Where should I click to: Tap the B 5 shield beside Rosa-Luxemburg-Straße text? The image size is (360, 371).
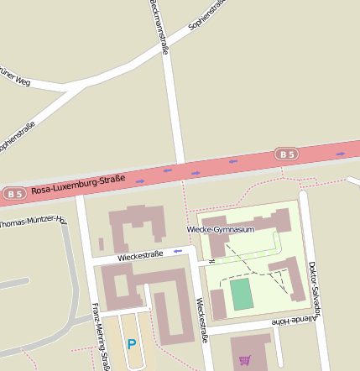pyautogui.click(x=13, y=194)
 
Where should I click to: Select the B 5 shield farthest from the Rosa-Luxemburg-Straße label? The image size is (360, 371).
pyautogui.click(x=288, y=154)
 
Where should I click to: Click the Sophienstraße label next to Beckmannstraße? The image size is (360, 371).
pyautogui.click(x=209, y=14)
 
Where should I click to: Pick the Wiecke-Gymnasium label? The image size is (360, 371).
pyautogui.click(x=220, y=229)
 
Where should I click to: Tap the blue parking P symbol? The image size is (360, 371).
pyautogui.click(x=131, y=343)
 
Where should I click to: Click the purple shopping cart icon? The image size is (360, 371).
pyautogui.click(x=245, y=360)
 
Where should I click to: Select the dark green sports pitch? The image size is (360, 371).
pyautogui.click(x=242, y=294)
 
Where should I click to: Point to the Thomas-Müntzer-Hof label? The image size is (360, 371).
pyautogui.click(x=32, y=222)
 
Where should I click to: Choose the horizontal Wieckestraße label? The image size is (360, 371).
pyautogui.click(x=140, y=254)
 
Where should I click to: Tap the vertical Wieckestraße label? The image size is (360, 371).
pyautogui.click(x=201, y=321)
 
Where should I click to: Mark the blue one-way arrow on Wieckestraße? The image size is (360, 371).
pyautogui.click(x=177, y=250)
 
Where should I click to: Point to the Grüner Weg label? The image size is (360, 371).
pyautogui.click(x=17, y=78)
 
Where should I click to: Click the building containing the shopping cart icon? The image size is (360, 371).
pyautogui.click(x=252, y=351)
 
